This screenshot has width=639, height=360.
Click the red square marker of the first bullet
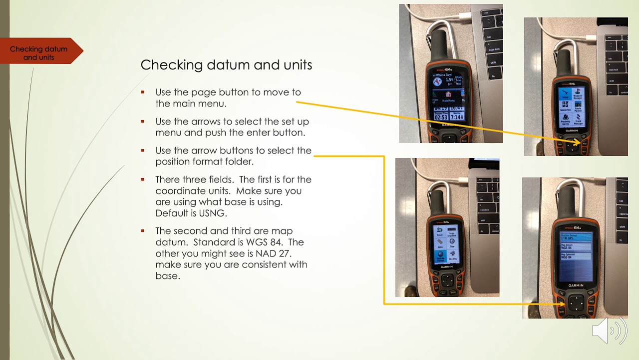coord(143,92)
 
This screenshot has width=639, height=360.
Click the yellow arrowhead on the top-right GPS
coord(577,143)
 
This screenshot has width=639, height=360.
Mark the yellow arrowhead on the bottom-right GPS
coord(562,303)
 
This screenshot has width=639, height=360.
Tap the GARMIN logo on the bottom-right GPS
coord(575,285)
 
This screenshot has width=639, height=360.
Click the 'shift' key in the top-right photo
coord(610,81)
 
